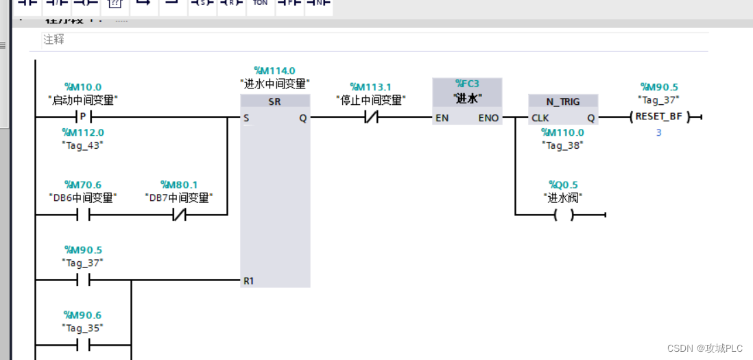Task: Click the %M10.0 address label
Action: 83,87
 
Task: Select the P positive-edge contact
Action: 83,117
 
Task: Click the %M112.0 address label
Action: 83,132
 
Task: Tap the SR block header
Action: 275,101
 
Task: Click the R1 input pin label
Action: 248,281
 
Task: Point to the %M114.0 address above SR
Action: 274,71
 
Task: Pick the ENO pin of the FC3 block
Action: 488,118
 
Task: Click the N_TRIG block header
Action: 563,101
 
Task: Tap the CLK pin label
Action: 540,118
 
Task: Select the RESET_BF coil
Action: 659,117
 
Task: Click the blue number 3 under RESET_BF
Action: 659,132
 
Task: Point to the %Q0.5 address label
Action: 563,184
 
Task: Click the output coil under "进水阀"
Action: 563,215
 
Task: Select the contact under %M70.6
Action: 83,215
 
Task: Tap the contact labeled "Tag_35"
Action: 83,345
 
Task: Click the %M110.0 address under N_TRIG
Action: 562,132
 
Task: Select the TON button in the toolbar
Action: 260,3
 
